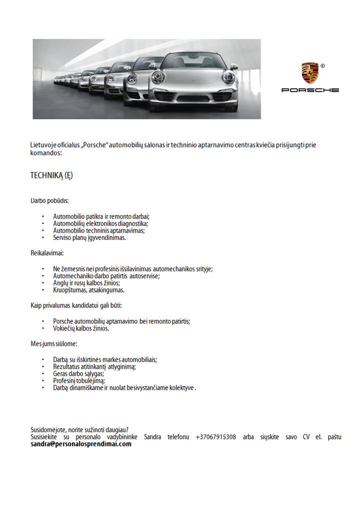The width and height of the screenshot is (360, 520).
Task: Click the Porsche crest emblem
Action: [309, 73]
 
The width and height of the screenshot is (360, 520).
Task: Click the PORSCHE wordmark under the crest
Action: [310, 90]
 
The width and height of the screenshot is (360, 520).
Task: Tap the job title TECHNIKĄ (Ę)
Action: [52, 175]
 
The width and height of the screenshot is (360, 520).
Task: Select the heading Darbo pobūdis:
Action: [49, 201]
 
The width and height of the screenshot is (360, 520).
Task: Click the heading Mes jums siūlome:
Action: [54, 344]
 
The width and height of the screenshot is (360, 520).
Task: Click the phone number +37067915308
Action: [215, 437]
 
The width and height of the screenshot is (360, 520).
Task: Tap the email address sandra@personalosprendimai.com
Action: [81, 444]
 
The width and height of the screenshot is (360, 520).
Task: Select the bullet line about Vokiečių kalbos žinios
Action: [81, 328]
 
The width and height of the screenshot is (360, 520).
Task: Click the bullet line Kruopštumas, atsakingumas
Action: [89, 290]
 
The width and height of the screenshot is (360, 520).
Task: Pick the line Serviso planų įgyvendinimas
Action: [89, 238]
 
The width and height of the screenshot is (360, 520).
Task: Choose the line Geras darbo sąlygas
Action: [78, 373]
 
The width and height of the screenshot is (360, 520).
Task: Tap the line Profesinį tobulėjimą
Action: [79, 380]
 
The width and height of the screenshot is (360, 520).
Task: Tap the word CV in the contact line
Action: [306, 437]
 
